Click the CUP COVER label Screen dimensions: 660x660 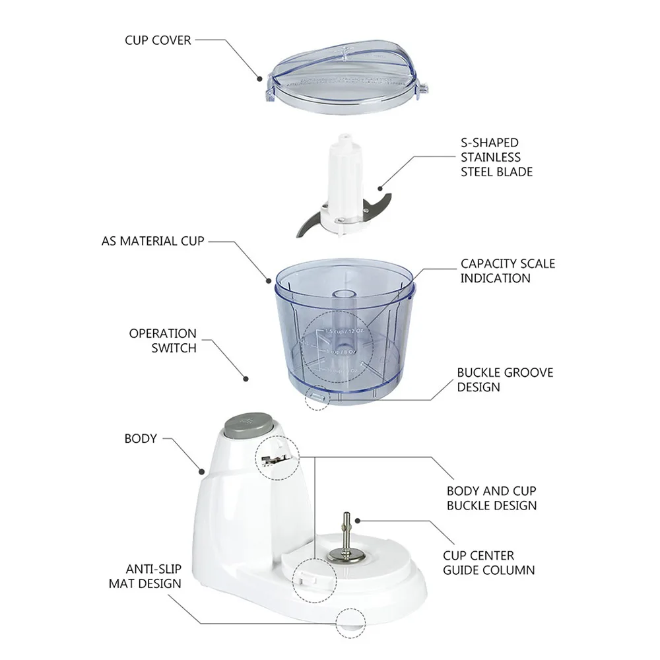coord(158,40)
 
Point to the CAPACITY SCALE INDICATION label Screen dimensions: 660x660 coord(508,271)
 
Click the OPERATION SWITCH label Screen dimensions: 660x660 coord(162,341)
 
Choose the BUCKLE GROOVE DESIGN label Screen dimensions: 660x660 coord(505,379)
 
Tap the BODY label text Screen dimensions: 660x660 coord(141,438)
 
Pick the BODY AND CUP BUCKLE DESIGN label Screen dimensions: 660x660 coord(491,498)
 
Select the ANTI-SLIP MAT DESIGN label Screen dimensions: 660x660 coord(154,576)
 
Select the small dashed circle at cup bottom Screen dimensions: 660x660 coord(317,399)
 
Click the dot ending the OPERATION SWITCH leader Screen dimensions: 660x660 coord(246,379)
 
